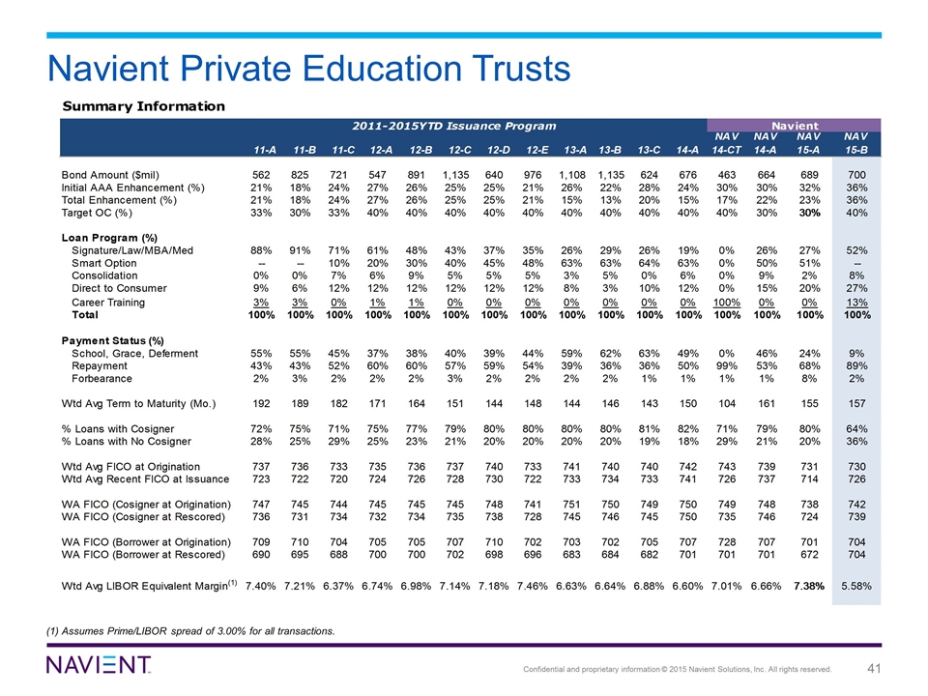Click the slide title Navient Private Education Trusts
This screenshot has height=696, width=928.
pos(308,69)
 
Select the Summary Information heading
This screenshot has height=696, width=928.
pos(144,106)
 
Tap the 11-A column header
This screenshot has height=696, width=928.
pos(265,151)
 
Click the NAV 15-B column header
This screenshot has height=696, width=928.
pos(855,144)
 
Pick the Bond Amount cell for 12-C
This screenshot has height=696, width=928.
pos(455,175)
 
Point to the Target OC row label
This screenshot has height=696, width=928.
pos(97,213)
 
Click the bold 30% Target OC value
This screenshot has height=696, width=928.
pos(809,213)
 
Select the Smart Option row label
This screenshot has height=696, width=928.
pos(104,263)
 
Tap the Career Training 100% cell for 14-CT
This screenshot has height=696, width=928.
pos(727,303)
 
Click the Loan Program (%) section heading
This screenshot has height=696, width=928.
pos(109,238)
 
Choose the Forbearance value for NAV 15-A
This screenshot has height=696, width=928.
pos(810,379)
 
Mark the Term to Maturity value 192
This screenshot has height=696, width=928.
pos(261,404)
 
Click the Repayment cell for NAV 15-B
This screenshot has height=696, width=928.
pos(856,366)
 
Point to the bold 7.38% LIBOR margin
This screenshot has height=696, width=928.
pos(809,587)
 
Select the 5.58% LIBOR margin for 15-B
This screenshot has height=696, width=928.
pos(856,587)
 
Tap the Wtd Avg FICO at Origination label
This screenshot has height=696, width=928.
pos(130,467)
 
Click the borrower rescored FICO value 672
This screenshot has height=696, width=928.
pos(809,555)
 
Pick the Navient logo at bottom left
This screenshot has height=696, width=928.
pos(99,665)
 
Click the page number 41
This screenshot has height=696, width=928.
pos(874,669)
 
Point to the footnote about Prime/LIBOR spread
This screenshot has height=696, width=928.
pos(190,631)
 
